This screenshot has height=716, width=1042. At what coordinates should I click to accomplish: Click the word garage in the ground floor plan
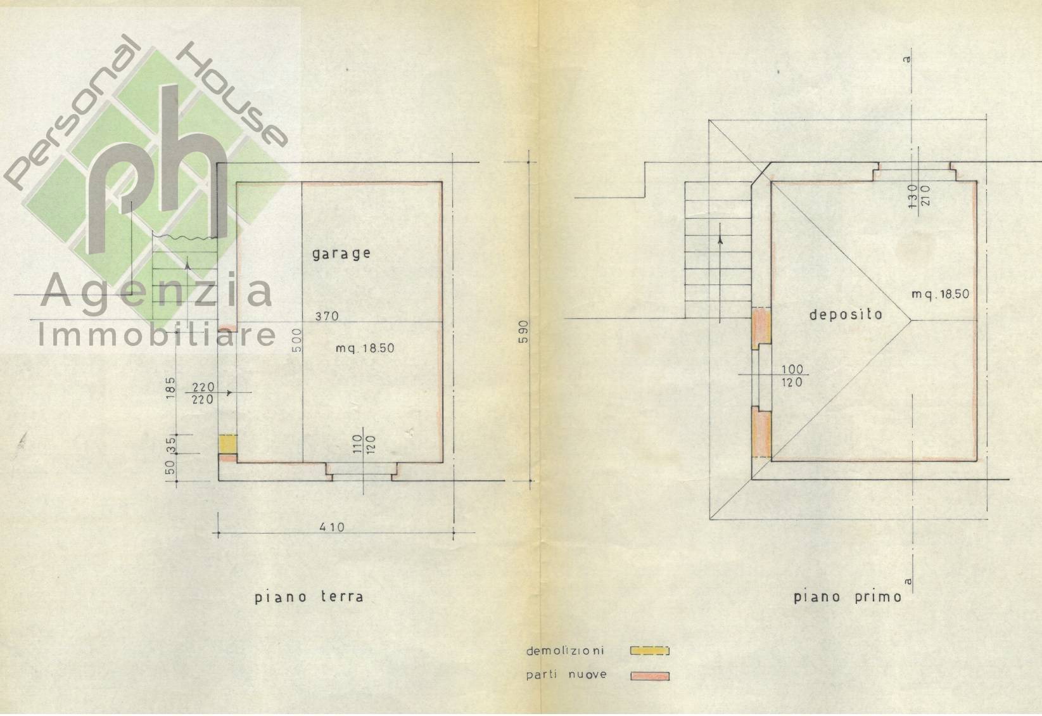pyautogui.click(x=341, y=253)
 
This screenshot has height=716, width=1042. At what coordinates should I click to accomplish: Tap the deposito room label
pyautogui.click(x=846, y=315)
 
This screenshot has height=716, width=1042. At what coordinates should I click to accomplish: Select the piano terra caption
pyautogui.click(x=309, y=597)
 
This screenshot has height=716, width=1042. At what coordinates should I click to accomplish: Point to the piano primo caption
pyautogui.click(x=848, y=597)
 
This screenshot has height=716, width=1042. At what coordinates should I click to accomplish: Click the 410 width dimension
pyautogui.click(x=332, y=527)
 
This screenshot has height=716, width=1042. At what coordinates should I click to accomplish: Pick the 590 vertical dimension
pyautogui.click(x=524, y=332)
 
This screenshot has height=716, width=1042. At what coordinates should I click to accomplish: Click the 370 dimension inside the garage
pyautogui.click(x=327, y=316)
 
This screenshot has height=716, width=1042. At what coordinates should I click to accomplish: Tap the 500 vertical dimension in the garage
pyautogui.click(x=297, y=340)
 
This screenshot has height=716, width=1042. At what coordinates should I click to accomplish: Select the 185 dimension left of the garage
pyautogui.click(x=171, y=388)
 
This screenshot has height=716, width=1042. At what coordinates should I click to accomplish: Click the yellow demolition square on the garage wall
pyautogui.click(x=228, y=444)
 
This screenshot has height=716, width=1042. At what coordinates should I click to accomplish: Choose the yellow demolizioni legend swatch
pyautogui.click(x=649, y=650)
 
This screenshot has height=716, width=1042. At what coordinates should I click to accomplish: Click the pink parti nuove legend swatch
pyautogui.click(x=650, y=676)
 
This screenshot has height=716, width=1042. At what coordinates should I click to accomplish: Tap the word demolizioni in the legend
pyautogui.click(x=565, y=651)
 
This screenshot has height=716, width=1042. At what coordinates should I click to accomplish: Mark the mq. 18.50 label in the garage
pyautogui.click(x=365, y=348)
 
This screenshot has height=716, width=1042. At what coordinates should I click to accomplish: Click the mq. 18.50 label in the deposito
pyautogui.click(x=940, y=294)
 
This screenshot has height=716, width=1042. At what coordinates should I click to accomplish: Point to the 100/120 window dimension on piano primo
pyautogui.click(x=792, y=376)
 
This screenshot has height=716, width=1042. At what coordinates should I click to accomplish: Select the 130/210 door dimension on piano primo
pyautogui.click(x=918, y=196)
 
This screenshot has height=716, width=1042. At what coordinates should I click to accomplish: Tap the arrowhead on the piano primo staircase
pyautogui.click(x=720, y=240)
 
